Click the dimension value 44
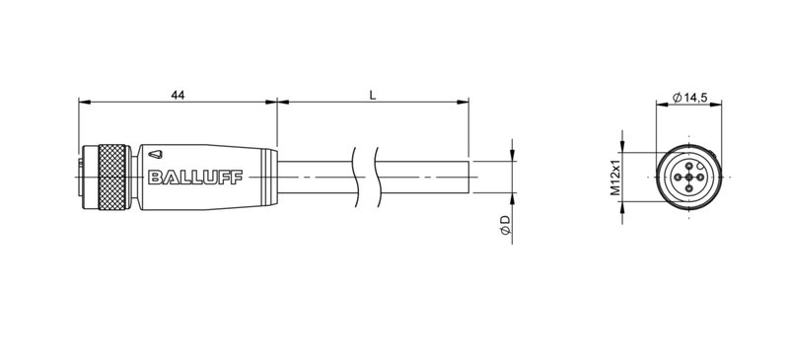coord(178,94)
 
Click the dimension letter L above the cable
coord(371,94)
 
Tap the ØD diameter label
coord(504,225)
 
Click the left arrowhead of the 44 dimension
coord(83,102)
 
